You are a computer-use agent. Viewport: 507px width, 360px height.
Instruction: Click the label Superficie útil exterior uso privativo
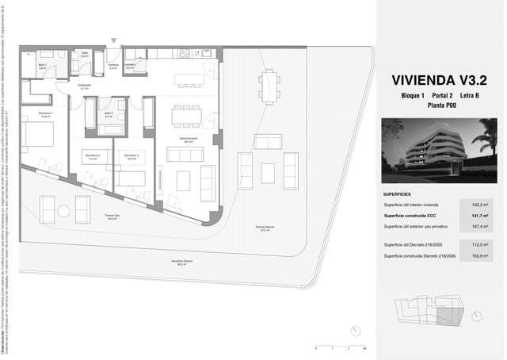coord(415,226)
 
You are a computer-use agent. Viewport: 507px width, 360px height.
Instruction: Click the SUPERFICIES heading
coord(396,193)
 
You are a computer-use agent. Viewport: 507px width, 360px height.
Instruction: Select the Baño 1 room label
coord(42,66)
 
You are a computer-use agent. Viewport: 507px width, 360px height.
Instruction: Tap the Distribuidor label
coord(85,86)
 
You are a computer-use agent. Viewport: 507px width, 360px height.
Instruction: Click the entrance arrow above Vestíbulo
coord(115,40)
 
